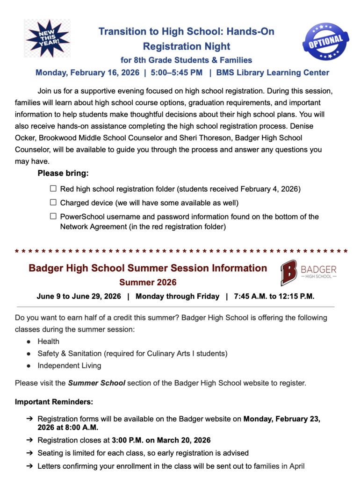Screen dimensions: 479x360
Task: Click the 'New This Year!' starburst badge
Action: point(47,38)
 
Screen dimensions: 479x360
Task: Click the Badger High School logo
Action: point(309,273)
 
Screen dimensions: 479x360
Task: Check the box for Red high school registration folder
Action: point(53,189)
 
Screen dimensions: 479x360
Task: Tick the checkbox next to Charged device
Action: point(53,203)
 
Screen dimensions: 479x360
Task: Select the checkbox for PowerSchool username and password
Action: point(53,216)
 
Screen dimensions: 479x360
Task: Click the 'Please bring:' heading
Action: point(63,174)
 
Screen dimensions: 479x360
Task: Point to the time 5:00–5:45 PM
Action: point(177,73)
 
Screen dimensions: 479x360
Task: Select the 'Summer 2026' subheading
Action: point(148,283)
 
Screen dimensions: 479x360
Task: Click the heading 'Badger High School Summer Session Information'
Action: point(148,269)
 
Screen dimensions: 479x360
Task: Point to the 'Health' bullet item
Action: point(49,341)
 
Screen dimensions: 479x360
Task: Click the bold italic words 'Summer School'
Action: point(96,383)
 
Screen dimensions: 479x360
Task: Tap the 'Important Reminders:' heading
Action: point(54,402)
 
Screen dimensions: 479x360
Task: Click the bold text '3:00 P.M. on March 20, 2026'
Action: point(161,440)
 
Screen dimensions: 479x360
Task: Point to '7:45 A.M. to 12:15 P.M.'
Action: point(274,297)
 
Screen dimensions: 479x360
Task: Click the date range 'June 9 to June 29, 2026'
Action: point(79,297)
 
